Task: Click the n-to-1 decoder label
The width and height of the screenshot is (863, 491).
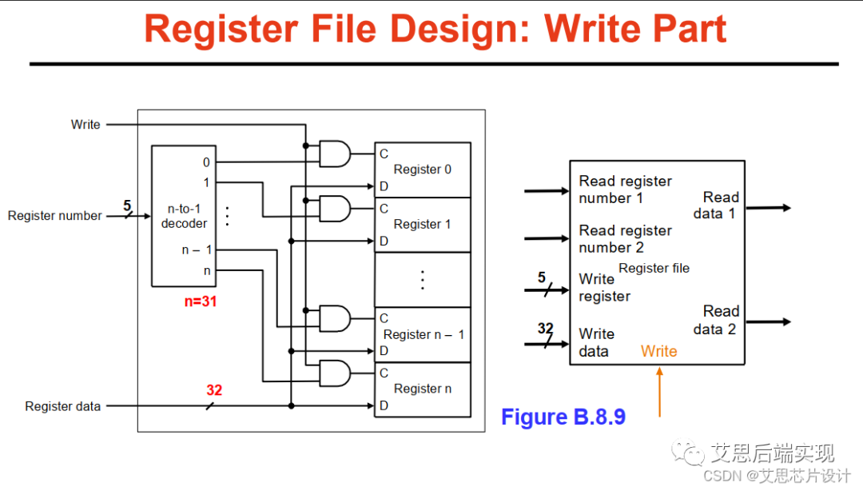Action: pyautogui.click(x=184, y=216)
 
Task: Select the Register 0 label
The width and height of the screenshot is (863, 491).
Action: pyautogui.click(x=422, y=170)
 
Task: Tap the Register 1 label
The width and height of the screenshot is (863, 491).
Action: pyautogui.click(x=422, y=225)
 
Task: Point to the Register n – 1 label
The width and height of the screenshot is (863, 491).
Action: pyautogui.click(x=424, y=334)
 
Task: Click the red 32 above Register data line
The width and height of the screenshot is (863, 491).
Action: pyautogui.click(x=214, y=391)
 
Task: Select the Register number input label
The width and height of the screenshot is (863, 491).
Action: pyautogui.click(x=55, y=216)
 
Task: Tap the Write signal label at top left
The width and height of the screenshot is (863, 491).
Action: pyautogui.click(x=86, y=125)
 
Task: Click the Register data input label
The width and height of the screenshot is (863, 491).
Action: pyautogui.click(x=63, y=406)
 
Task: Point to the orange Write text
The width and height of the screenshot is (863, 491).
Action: pyautogui.click(x=658, y=351)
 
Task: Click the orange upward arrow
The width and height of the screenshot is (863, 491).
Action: pyautogui.click(x=659, y=392)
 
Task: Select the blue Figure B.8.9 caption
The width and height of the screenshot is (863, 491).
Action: pyautogui.click(x=563, y=417)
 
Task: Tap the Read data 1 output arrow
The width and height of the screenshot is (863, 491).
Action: pyautogui.click(x=768, y=208)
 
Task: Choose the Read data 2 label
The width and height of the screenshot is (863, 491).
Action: pyautogui.click(x=716, y=320)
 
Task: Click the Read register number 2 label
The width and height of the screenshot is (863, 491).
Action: pyautogui.click(x=625, y=239)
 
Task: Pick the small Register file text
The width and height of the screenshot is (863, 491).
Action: pyautogui.click(x=654, y=269)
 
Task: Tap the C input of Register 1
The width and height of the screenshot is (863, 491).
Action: pyautogui.click(x=384, y=209)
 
